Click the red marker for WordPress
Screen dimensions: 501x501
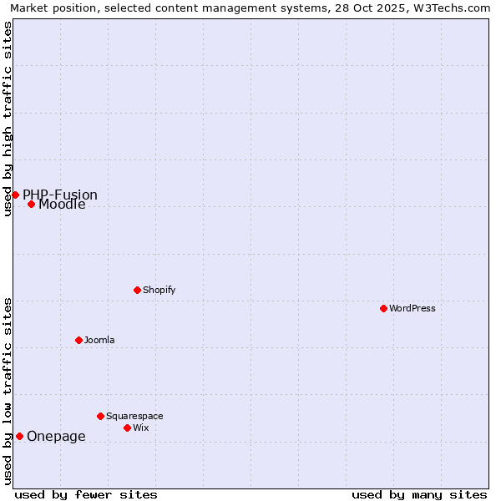pyautogui.click(x=383, y=308)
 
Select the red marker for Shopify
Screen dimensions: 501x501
pyautogui.click(x=137, y=290)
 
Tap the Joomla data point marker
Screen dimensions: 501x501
pyautogui.click(x=78, y=340)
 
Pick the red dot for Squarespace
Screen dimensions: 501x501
pyautogui.click(x=100, y=416)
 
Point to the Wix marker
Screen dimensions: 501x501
pyautogui.click(x=127, y=428)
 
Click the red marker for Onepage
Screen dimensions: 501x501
pyautogui.click(x=19, y=436)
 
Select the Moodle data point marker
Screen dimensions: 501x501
pyautogui.click(x=31, y=204)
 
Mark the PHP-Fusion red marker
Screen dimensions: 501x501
pyautogui.click(x=15, y=195)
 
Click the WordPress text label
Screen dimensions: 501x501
pyautogui.click(x=412, y=308)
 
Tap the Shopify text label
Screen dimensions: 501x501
pyautogui.click(x=159, y=290)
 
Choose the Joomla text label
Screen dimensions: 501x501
pyautogui.click(x=99, y=340)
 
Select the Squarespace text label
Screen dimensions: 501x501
pyautogui.click(x=134, y=416)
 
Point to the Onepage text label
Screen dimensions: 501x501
pyautogui.click(x=56, y=436)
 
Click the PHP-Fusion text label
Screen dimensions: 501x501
pyautogui.click(x=60, y=195)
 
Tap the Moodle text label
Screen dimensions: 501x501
pyautogui.click(x=62, y=205)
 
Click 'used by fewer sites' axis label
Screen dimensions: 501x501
pyautogui.click(x=86, y=494)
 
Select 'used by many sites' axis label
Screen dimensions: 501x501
pyautogui.click(x=419, y=494)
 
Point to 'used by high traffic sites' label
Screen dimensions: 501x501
pyautogui.click(x=8, y=119)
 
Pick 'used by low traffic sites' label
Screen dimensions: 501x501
pyautogui.click(x=8, y=391)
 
